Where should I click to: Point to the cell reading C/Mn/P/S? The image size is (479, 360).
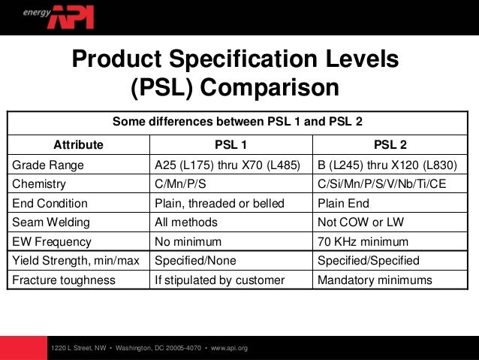[185, 184]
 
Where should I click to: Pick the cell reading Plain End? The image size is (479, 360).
[343, 203]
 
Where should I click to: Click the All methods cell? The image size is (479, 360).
[185, 222]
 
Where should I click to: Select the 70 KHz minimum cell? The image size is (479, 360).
[363, 242]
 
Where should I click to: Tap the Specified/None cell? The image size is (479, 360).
[194, 262]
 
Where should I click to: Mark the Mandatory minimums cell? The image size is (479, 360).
[375, 280]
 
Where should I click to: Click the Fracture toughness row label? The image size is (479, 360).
[63, 280]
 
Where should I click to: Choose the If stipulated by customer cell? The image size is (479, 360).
[219, 280]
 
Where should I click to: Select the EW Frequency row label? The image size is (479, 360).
[52, 242]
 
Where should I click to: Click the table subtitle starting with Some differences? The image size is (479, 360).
[238, 122]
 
